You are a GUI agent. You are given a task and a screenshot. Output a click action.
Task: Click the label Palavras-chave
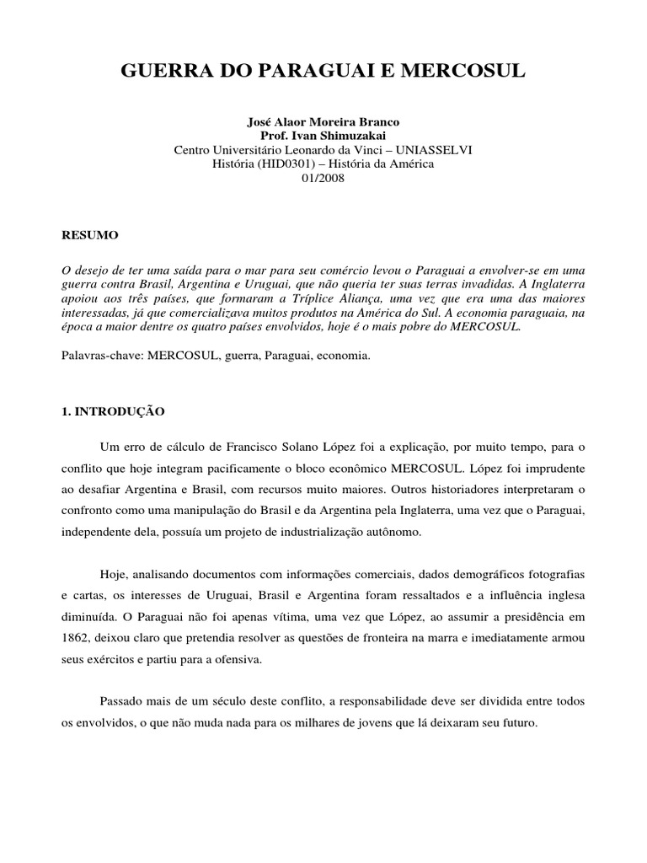[x=99, y=356]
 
